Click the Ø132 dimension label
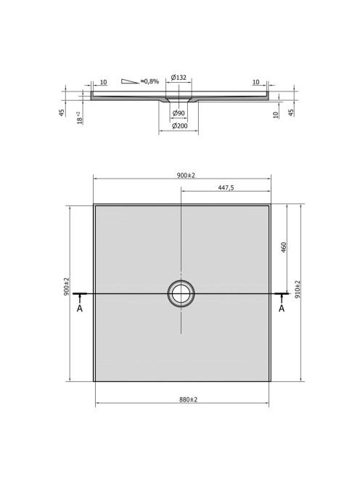click(179, 78)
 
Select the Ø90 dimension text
click(179, 113)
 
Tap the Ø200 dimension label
click(179, 126)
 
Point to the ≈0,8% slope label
click(150, 81)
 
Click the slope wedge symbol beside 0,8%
click(130, 81)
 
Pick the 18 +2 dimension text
click(80, 118)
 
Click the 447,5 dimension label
click(226, 187)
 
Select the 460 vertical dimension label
click(284, 248)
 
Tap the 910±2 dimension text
click(298, 289)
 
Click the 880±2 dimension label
click(189, 399)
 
